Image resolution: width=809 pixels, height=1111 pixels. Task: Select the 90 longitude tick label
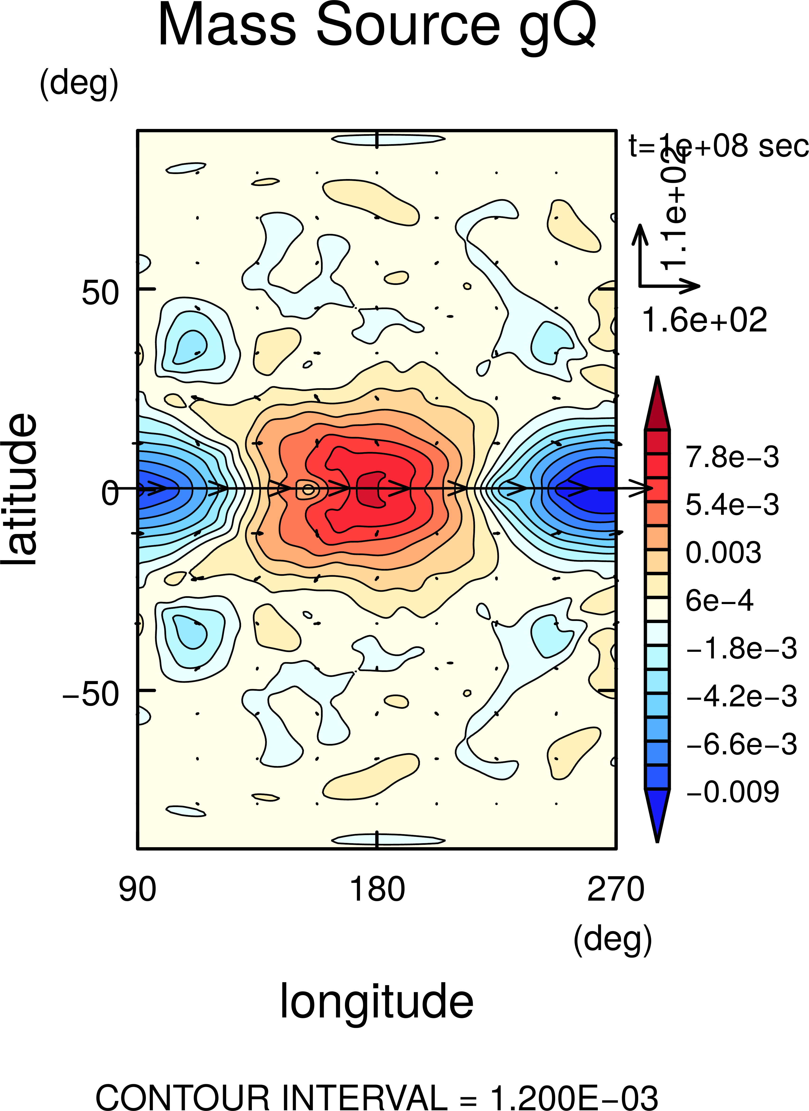[138, 889]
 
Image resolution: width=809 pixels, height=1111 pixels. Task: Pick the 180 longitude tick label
[377, 889]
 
